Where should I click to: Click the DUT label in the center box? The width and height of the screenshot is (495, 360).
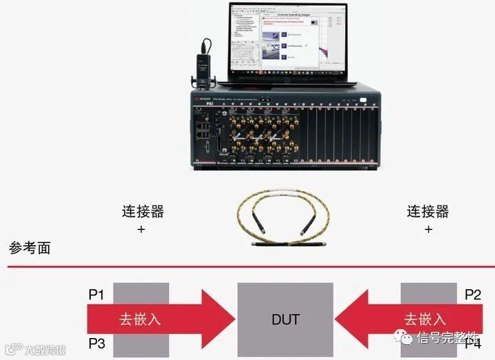coord(285,319)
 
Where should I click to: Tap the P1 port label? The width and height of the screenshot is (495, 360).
coord(96,295)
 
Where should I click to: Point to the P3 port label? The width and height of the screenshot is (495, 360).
coord(96,342)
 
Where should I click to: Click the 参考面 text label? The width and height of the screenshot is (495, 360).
coord(30,248)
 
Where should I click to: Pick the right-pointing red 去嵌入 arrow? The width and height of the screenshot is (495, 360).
coord(158,319)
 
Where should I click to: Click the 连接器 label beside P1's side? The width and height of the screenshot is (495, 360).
coord(142,211)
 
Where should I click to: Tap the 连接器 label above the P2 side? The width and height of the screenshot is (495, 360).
coord(428,211)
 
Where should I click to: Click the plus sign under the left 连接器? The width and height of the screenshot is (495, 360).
coord(142,229)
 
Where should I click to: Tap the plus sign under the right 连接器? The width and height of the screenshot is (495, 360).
coord(428,229)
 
